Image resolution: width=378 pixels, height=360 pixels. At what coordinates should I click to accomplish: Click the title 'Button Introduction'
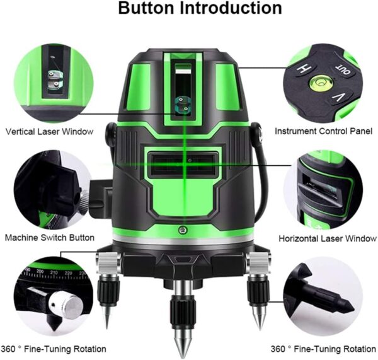(200, 8)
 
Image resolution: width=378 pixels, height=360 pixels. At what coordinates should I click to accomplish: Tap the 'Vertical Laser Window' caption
(49, 132)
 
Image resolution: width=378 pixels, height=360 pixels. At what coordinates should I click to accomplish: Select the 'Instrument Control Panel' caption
(324, 131)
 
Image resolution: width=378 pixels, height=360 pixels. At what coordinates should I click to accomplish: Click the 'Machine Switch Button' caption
(50, 238)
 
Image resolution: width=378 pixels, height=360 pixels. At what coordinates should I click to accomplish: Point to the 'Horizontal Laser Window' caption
(328, 238)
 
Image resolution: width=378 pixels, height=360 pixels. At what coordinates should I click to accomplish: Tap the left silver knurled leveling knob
(108, 263)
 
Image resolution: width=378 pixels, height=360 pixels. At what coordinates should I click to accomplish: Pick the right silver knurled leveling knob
(259, 263)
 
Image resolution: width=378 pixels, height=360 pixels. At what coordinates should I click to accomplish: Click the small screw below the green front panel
(183, 229)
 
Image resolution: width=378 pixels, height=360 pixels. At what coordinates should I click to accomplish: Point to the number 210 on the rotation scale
(54, 272)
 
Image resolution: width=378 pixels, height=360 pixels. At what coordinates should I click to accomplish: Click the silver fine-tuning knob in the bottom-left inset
(67, 304)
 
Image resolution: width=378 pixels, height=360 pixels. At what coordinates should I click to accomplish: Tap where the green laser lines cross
(184, 165)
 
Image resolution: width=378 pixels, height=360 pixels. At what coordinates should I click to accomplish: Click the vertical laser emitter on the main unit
(182, 104)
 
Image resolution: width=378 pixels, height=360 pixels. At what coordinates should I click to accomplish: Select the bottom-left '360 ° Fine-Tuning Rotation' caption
(54, 349)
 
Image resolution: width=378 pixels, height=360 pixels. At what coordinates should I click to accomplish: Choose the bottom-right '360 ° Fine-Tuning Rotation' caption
(323, 349)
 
